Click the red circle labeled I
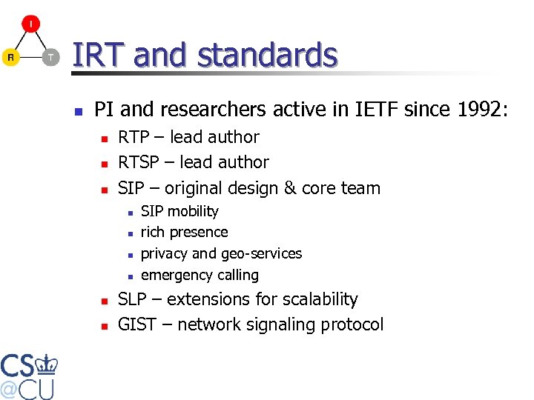tap(30, 24)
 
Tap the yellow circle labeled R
tap(10, 57)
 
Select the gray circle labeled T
tap(50, 57)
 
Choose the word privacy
tap(165, 254)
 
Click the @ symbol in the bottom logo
tap(10, 389)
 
